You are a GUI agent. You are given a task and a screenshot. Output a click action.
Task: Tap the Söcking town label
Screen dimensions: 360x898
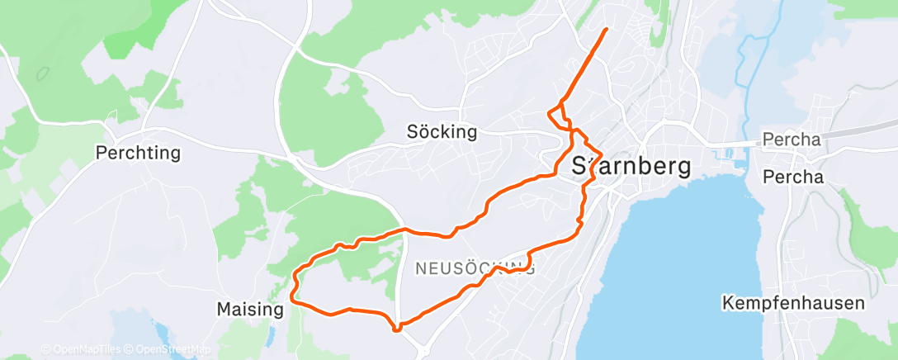(x=442, y=132)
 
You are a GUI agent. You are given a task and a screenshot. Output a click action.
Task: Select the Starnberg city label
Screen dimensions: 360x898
(x=631, y=166)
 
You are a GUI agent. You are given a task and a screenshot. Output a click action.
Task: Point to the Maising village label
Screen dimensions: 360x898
(x=249, y=310)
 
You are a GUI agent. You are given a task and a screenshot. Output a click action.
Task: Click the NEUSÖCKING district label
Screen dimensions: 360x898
(x=475, y=268)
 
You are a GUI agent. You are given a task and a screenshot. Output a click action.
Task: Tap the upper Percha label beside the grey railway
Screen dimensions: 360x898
(x=792, y=140)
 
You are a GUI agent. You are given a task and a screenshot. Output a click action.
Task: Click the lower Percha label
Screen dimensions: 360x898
(x=792, y=177)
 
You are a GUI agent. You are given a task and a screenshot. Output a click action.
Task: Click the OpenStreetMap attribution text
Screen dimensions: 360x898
(x=163, y=350)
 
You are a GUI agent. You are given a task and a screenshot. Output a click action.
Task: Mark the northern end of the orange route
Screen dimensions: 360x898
(x=607, y=29)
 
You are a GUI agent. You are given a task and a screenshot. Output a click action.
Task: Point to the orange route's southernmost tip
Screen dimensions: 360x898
(x=397, y=330)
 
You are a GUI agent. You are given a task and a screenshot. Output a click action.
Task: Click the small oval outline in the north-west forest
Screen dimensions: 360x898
(x=42, y=73)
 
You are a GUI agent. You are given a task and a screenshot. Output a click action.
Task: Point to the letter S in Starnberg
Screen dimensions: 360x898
(x=579, y=166)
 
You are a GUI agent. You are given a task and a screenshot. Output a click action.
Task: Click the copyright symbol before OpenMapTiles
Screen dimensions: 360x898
(x=45, y=350)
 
